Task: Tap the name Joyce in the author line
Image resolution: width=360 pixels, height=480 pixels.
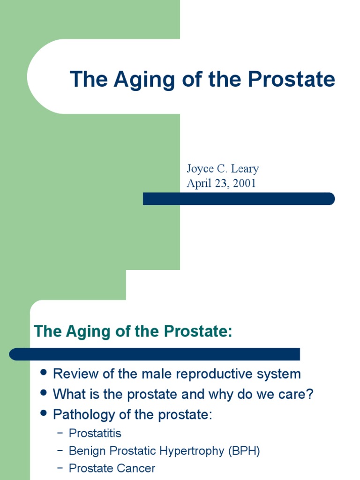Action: [x=200, y=169]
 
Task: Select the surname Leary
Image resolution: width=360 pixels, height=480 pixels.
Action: [x=244, y=169]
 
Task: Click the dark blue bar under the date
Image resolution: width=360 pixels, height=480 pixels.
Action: [x=239, y=199]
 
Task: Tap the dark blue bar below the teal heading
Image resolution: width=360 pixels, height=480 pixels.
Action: [x=155, y=354]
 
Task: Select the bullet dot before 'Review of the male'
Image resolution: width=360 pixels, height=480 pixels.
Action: [x=44, y=372]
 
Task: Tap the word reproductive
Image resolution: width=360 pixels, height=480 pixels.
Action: [x=223, y=374]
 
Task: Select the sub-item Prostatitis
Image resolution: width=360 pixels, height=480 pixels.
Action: [x=95, y=433]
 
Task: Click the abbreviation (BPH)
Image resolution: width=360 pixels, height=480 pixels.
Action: [x=244, y=451]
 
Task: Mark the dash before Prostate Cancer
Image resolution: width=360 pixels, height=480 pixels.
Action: [x=60, y=468]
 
